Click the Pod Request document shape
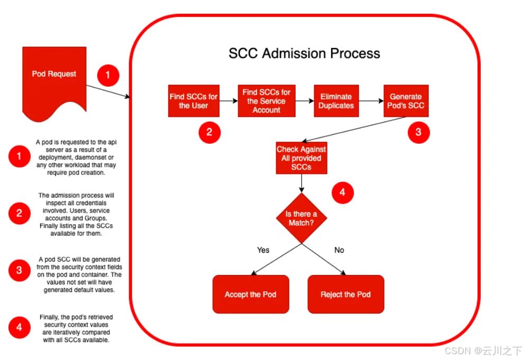pos(54,79)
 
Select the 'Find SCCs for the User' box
pos(193,101)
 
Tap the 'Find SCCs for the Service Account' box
pos(266,101)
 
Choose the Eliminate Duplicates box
pos(336,101)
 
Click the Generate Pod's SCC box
pos(406,101)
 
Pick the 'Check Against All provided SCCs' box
pos(301,158)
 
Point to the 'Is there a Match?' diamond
pos(301,218)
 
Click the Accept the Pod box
pos(250,294)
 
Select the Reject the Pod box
pos(345,294)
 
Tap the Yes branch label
pos(263,250)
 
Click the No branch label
pos(339,250)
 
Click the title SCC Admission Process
pos(304,53)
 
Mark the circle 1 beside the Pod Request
pos(108,75)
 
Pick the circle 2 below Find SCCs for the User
pos(209,132)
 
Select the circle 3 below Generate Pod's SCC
pos(418,132)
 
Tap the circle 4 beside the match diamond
pos(342,193)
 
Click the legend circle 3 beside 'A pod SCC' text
pos(19,270)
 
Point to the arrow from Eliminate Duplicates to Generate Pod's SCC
pos(371,101)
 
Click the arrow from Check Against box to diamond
pos(301,183)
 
